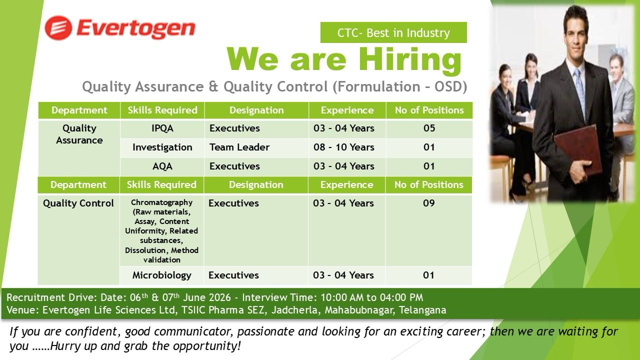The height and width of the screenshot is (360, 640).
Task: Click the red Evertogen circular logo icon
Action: tap(58, 28)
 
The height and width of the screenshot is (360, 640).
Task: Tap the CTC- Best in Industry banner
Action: tap(393, 32)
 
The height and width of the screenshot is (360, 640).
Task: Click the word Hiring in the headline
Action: tap(410, 59)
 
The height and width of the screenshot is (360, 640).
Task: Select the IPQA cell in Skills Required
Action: tap(162, 128)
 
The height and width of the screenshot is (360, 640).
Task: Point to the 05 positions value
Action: tap(429, 128)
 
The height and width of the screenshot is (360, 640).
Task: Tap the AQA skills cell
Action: tap(162, 166)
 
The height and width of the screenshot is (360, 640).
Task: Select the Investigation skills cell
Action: tap(162, 147)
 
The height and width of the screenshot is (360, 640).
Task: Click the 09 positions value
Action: tap(429, 203)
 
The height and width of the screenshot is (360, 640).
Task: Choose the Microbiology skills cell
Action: tap(161, 275)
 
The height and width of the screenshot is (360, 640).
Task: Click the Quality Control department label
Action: tap(78, 203)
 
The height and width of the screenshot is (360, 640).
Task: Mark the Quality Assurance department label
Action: tap(79, 134)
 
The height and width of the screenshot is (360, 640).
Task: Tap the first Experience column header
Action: tap(347, 110)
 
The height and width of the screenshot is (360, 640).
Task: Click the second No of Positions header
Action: tap(428, 185)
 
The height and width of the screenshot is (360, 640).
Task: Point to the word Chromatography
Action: tap(161, 202)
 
